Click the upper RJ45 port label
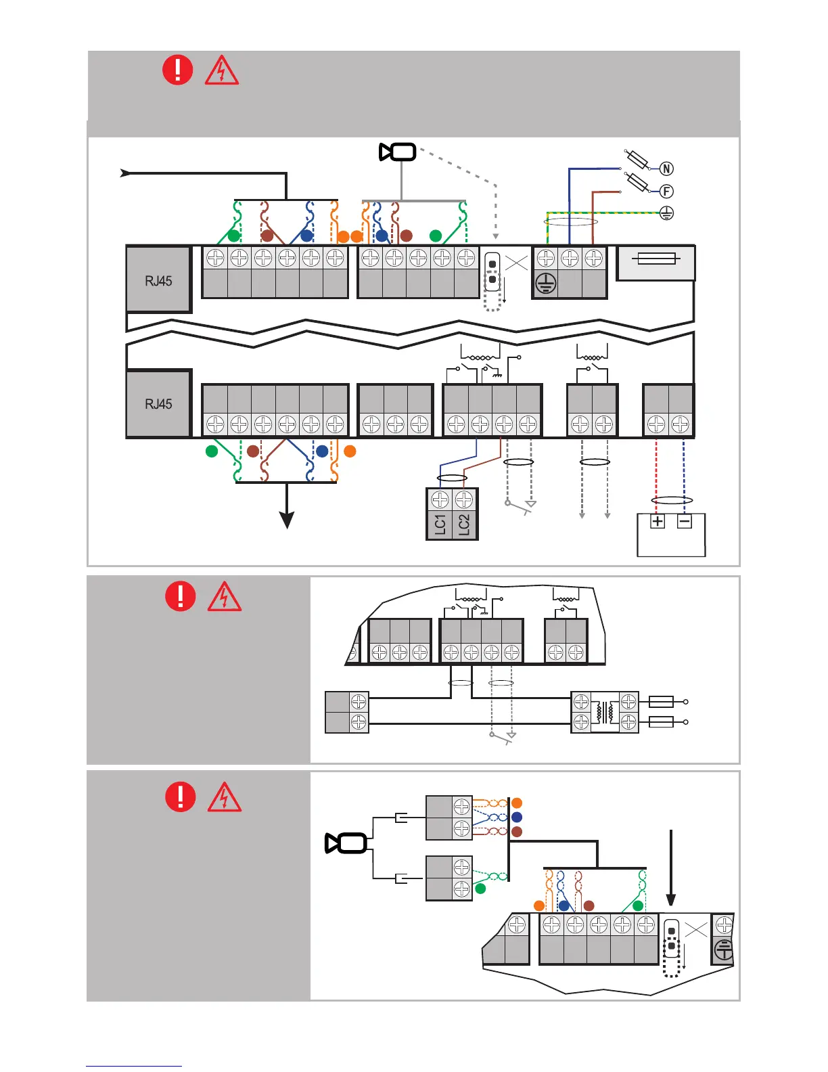(158, 281)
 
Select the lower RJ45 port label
(158, 404)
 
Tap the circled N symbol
(666, 169)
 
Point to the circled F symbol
(666, 192)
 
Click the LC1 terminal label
(440, 524)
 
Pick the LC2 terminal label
(464, 524)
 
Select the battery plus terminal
(658, 521)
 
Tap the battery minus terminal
(685, 521)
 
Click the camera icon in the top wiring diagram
(398, 152)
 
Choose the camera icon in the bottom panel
(346, 843)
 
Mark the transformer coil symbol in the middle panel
(605, 712)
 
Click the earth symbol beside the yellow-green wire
(666, 214)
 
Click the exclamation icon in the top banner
(178, 70)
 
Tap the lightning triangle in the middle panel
(225, 597)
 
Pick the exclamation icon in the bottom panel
(181, 797)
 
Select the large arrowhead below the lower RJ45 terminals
(287, 520)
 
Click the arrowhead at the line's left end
(125, 173)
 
